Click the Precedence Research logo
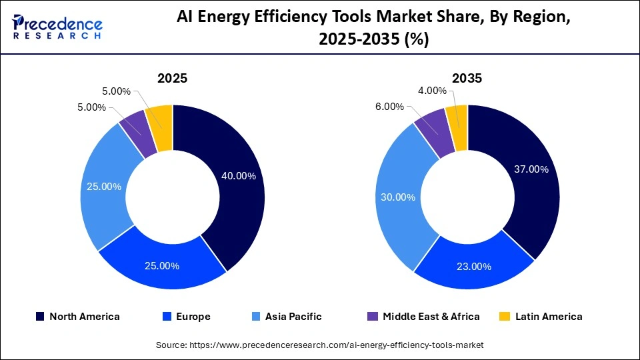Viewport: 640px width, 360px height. coord(57,27)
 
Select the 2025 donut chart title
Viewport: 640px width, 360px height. coord(172,78)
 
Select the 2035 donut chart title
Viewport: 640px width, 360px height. coord(467,78)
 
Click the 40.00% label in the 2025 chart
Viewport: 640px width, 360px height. coord(238,176)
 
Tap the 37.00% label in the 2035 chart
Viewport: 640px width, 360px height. coord(531,169)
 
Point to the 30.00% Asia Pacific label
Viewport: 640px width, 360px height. coord(398,197)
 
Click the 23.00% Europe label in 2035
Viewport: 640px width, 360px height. coord(474,267)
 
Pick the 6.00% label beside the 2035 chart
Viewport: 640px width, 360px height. coord(389,107)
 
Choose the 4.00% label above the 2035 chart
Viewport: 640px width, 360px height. coord(432,91)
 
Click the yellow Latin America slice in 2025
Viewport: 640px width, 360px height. coord(161,117)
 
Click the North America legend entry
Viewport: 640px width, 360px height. coord(77,317)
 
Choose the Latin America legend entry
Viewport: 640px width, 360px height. coord(541,317)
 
